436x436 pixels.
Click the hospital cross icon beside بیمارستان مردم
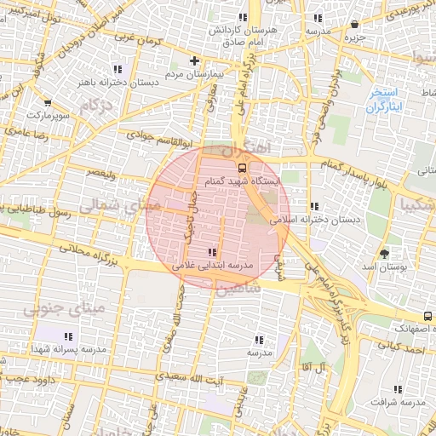tap(195, 60)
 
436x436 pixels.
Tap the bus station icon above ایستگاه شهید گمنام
tap(242, 168)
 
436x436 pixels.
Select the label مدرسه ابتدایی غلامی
tap(213, 266)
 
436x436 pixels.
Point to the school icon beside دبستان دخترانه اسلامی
tap(314, 206)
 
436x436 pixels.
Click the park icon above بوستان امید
tap(384, 253)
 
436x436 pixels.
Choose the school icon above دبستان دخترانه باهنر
tap(118, 69)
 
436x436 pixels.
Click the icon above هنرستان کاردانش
tap(243, 16)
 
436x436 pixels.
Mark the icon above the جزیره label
tap(354, 24)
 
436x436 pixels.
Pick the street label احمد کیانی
tap(399, 347)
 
